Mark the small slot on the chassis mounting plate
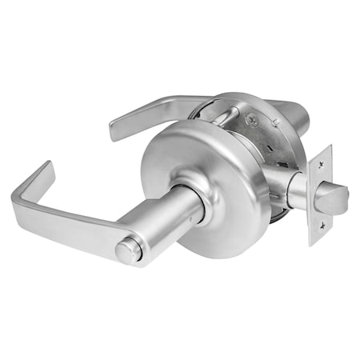[282, 161]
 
